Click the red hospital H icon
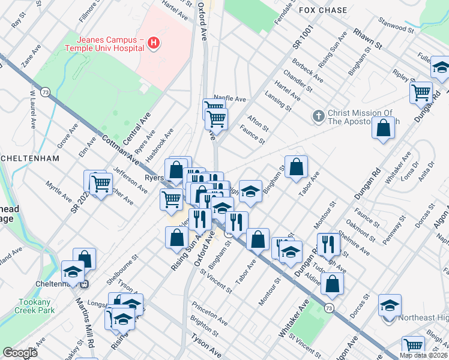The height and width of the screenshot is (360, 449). pyautogui.click(x=154, y=43)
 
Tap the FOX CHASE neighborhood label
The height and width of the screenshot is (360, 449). pyautogui.click(x=324, y=10)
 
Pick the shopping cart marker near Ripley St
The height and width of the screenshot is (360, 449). pyautogui.click(x=421, y=92)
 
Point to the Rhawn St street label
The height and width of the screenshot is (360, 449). pyautogui.click(x=367, y=37)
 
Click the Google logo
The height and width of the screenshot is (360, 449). pyautogui.click(x=20, y=353)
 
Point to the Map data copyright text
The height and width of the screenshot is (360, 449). pyautogui.click(x=423, y=355)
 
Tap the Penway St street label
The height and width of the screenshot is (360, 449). pyautogui.click(x=395, y=232)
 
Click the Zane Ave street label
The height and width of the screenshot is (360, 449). pyautogui.click(x=27, y=59)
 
